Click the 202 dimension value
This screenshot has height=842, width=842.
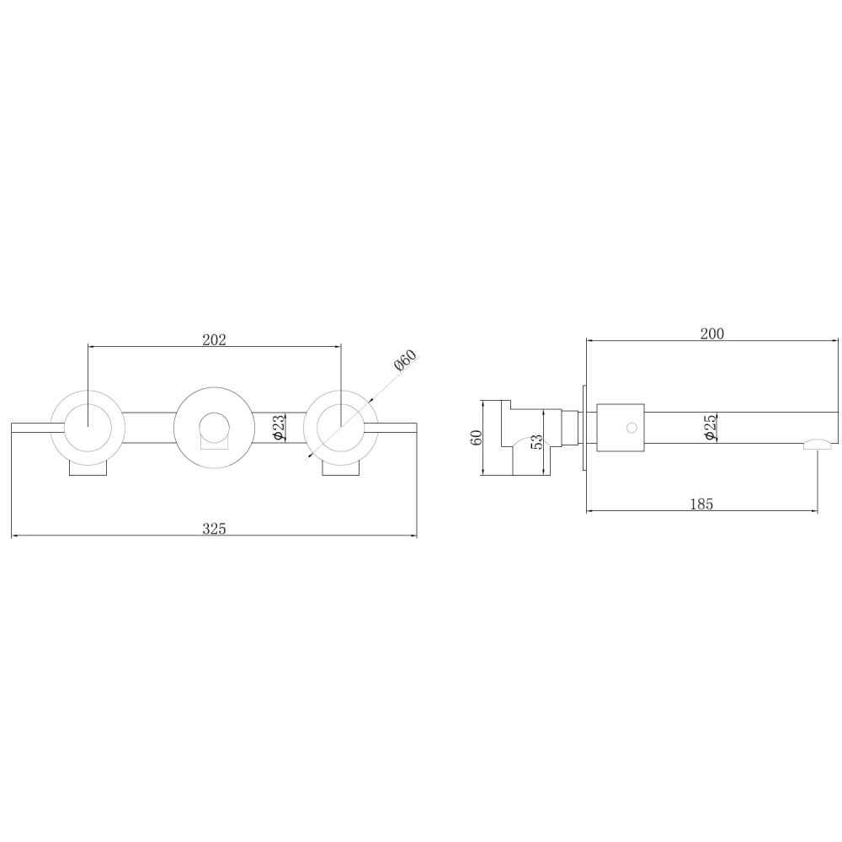(x=214, y=340)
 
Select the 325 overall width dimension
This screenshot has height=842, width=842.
(x=214, y=529)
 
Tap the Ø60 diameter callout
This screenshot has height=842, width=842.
(x=406, y=360)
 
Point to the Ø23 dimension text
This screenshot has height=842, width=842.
(x=279, y=428)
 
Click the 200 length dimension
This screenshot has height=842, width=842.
(x=712, y=334)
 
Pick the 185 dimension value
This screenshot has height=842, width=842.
(x=702, y=504)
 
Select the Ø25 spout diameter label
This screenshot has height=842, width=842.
(x=710, y=428)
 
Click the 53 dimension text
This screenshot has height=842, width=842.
(x=537, y=441)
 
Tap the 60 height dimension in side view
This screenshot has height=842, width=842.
(x=476, y=437)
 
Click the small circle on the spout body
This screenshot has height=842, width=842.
(x=632, y=428)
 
